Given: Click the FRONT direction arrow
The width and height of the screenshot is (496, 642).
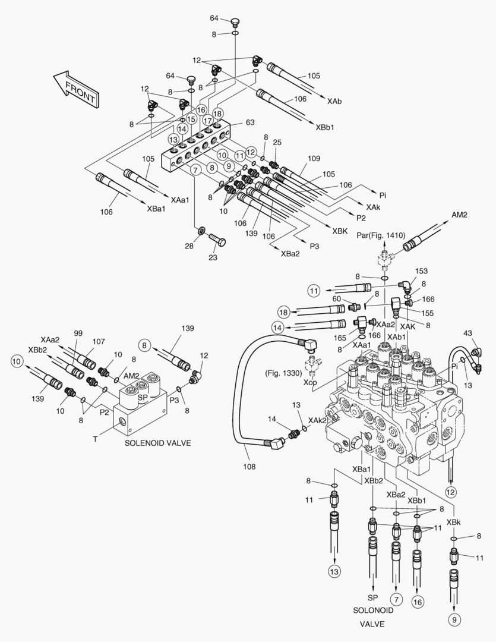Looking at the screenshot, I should tap(75, 89).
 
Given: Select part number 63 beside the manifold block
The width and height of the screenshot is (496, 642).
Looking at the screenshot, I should tap(250, 123).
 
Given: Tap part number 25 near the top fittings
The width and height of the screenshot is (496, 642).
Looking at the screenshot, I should tap(277, 143).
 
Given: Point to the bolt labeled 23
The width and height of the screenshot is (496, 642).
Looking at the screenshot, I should tap(213, 257).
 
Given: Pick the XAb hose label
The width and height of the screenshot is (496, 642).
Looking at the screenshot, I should tap(334, 102).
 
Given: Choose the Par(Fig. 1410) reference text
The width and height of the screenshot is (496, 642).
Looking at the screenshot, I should tap(381, 235).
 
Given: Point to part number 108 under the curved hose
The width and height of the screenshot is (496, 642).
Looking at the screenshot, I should tap(249, 467).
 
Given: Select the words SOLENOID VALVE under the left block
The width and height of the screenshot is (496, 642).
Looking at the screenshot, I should tap(157, 443).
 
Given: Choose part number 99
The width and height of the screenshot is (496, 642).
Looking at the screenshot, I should tap(78, 334).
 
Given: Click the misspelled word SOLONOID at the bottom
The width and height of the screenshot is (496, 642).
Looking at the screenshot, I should tap(372, 610).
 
